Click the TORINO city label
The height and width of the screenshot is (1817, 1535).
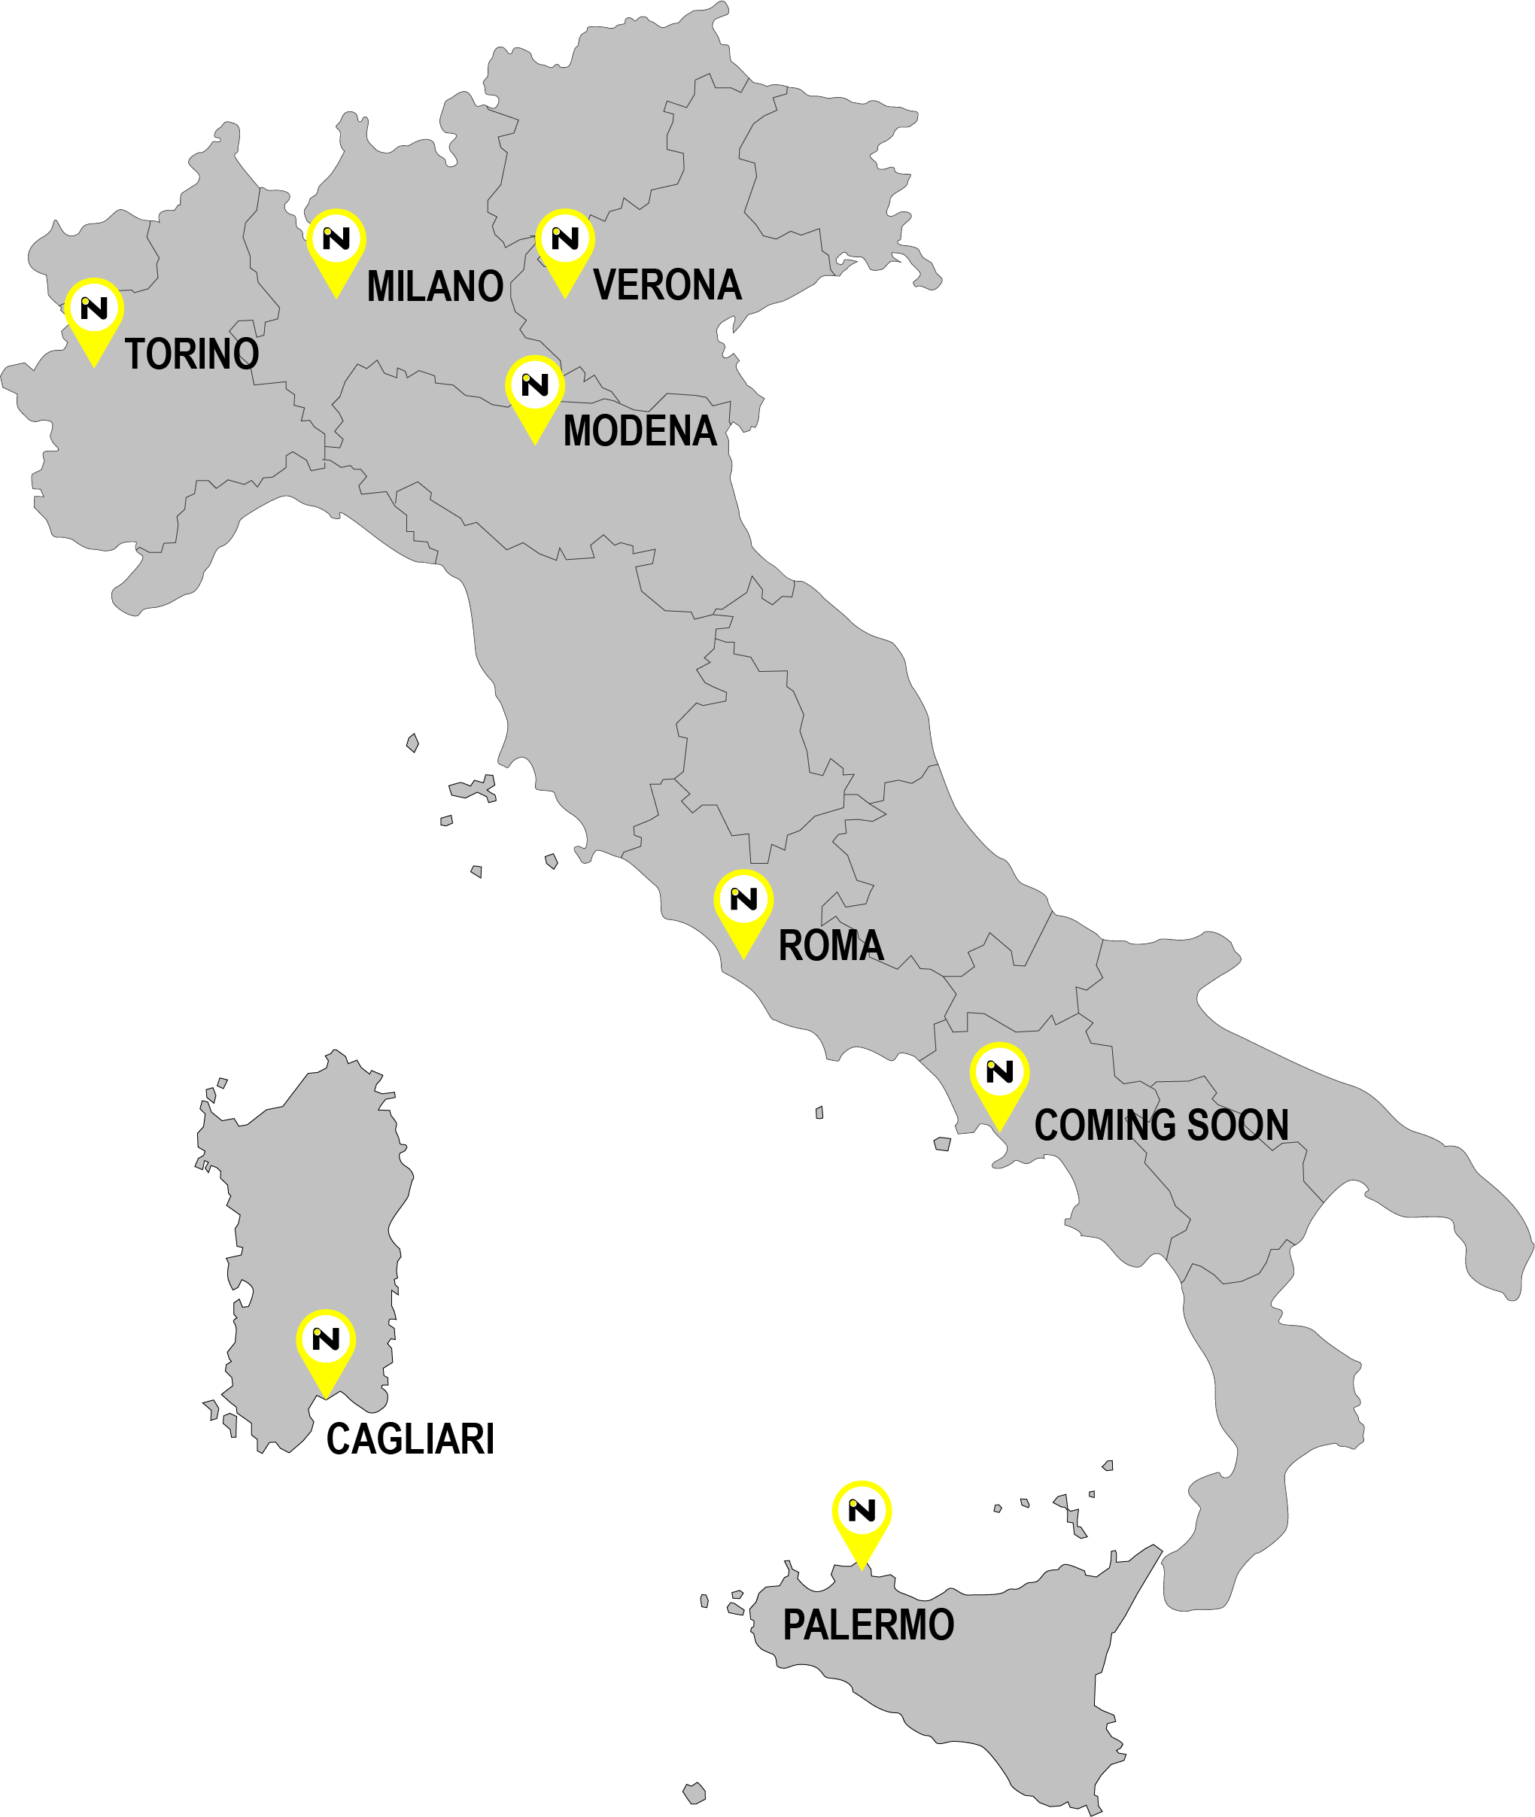pos(191,354)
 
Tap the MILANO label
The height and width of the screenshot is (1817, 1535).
pos(434,287)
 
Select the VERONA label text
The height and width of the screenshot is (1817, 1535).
pos(667,285)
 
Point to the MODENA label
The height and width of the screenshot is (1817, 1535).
pos(640,431)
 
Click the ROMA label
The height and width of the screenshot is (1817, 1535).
pos(830,945)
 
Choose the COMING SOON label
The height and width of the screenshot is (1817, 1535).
pos(1161,1124)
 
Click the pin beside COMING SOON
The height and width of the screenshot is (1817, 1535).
pos(999,1080)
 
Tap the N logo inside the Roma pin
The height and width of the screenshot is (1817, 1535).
pos(743,898)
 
